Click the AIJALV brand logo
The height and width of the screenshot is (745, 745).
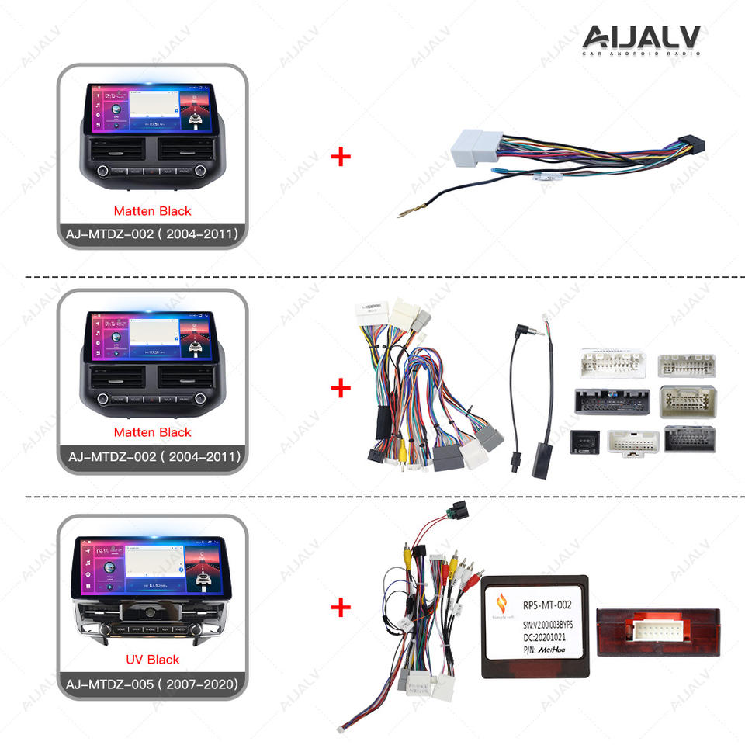(x=641, y=40)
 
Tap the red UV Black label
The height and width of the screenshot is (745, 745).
(x=152, y=659)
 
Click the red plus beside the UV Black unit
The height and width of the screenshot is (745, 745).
(x=341, y=606)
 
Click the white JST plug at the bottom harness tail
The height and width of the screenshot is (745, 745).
(x=343, y=728)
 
